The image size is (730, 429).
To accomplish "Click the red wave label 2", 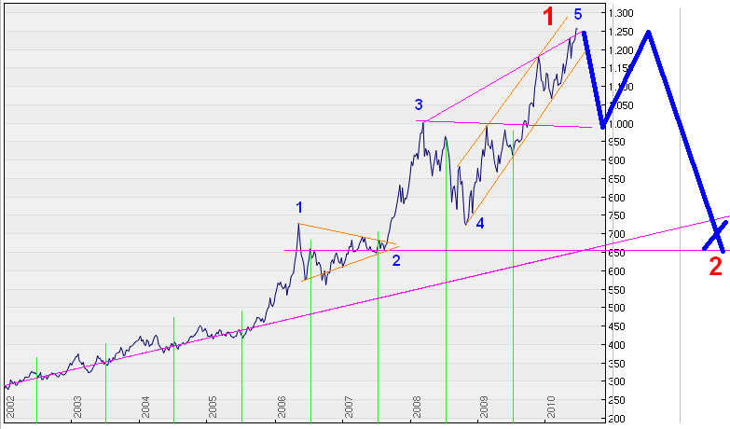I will [715, 266].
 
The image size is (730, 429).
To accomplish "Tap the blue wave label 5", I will [578, 15].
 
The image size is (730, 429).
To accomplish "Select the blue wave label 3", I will [419, 104].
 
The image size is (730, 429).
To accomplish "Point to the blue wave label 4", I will [479, 224].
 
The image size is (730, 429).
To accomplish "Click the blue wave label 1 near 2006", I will [299, 206].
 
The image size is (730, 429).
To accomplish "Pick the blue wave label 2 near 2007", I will [396, 260].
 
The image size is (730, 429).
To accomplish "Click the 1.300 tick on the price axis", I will [620, 13].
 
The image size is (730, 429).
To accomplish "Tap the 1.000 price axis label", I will [620, 124].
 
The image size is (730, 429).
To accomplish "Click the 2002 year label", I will [10, 407].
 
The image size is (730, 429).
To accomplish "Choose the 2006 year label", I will [281, 407].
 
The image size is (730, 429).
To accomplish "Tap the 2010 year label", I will [551, 407].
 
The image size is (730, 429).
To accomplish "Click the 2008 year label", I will [416, 407].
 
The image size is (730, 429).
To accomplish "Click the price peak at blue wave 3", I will [423, 121].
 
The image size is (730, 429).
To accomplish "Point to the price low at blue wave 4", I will [465, 225].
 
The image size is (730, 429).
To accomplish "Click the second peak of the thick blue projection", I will [647, 32].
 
